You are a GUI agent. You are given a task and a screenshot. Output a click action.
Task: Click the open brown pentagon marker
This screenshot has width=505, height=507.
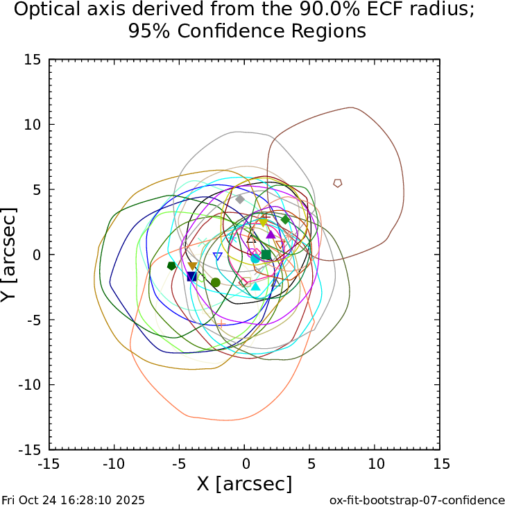click(x=338, y=183)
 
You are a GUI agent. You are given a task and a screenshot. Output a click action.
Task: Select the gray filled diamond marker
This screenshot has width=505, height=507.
click(x=240, y=199)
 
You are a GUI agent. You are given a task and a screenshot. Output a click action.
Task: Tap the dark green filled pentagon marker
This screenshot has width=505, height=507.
click(x=171, y=266)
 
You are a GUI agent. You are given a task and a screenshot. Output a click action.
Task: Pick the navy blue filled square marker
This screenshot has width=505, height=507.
click(x=191, y=277)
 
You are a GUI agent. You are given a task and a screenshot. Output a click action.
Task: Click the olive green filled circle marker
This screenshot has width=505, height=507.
click(x=216, y=282)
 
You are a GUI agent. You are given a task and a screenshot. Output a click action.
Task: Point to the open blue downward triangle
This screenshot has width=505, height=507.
click(x=218, y=257)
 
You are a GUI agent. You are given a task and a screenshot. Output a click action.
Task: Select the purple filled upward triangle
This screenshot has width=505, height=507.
click(x=271, y=234)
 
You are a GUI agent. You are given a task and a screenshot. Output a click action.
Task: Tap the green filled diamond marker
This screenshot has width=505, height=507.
click(x=285, y=220)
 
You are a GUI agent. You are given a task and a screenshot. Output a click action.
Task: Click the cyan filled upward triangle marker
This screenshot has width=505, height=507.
click(x=255, y=286)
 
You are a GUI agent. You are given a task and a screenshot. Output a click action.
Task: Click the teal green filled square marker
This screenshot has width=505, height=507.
click(x=266, y=255)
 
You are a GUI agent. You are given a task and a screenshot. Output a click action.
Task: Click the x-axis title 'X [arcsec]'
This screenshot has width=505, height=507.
click(x=244, y=483)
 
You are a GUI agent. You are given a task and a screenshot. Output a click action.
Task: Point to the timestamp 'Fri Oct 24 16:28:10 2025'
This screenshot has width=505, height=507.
click(x=74, y=499)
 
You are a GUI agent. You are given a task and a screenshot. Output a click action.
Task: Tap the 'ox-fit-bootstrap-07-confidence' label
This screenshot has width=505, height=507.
click(x=416, y=499)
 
